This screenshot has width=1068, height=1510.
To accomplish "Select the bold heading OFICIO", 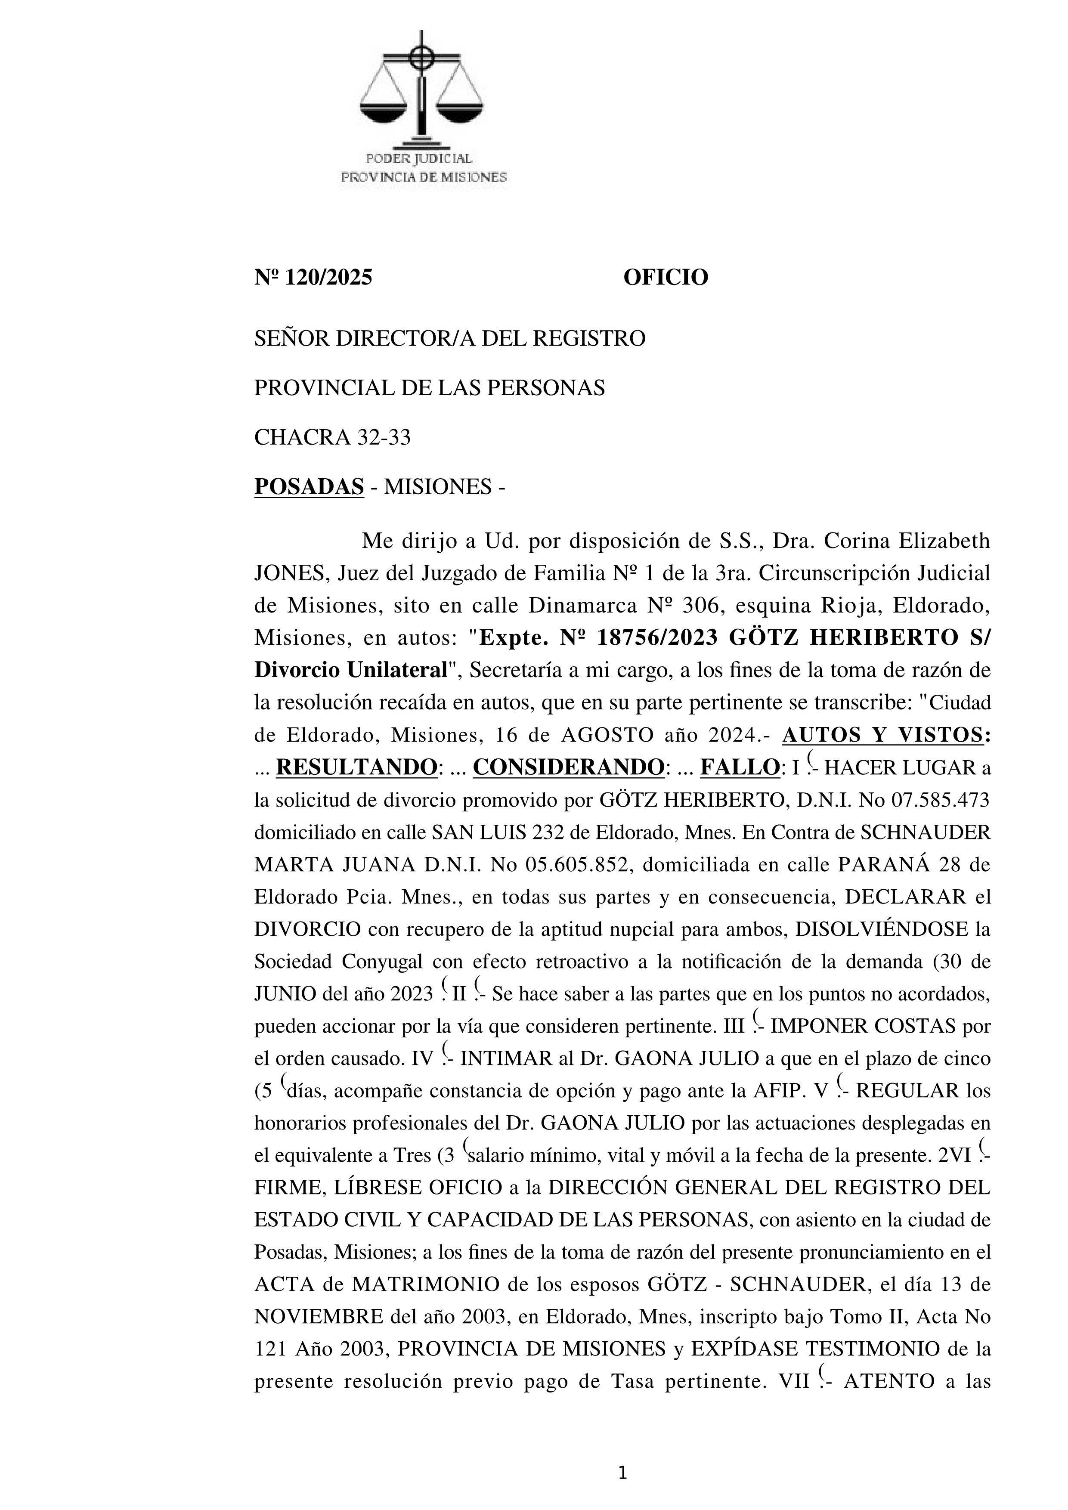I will tap(666, 278).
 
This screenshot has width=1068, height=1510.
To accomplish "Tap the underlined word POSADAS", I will tap(309, 487).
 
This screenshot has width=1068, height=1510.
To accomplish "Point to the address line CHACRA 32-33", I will tap(332, 437).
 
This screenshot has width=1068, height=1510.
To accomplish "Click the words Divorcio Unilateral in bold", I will tap(350, 670).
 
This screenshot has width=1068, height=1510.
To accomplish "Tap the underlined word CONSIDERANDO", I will tap(568, 767).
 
